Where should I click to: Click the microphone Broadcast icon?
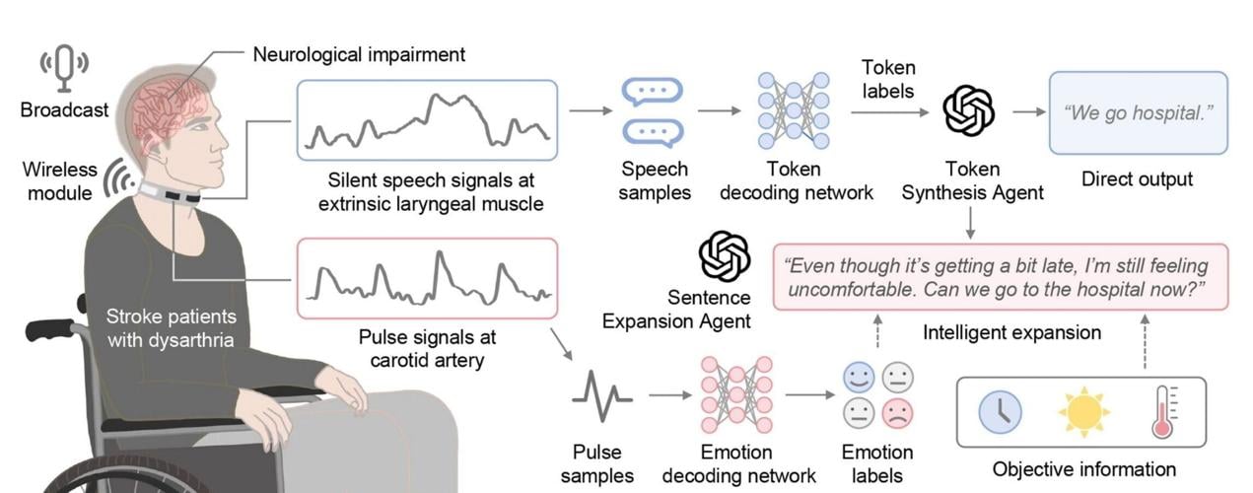[63, 66]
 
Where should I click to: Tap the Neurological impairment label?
[359, 53]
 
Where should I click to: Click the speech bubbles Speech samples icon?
[653, 112]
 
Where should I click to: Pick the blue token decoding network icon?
[793, 110]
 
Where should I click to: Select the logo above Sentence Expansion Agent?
[724, 256]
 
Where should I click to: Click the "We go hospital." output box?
[1138, 112]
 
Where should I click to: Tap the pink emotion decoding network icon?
[735, 397]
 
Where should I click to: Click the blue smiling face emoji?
[860, 377]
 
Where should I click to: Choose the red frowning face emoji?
[896, 413]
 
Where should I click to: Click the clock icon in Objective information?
[1000, 412]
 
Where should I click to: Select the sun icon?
[1083, 412]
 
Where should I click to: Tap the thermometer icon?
[1164, 412]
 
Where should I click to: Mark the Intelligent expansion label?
[1011, 332]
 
